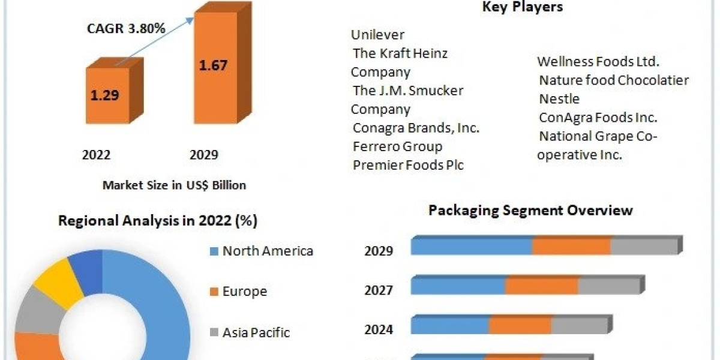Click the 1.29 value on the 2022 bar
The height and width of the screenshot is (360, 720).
point(105,95)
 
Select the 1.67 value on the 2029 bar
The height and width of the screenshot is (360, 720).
point(213,64)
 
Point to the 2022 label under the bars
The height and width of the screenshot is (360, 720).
point(96,155)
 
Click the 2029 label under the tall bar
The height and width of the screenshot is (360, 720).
point(204,155)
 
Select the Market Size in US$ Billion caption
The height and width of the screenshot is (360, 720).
point(174,185)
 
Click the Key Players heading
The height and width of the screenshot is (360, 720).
point(522,7)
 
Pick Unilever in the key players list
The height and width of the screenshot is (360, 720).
point(378,35)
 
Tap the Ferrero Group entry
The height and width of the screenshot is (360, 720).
point(397,146)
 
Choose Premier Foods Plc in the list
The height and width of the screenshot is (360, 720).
point(408,165)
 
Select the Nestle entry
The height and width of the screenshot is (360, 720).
point(559,98)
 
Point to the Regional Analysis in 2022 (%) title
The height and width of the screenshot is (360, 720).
point(158,221)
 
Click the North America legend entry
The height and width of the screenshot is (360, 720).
point(268,251)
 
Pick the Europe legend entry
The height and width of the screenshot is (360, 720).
point(244,292)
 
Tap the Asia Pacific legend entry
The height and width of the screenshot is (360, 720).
point(256,332)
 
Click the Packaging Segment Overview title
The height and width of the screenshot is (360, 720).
point(530,210)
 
